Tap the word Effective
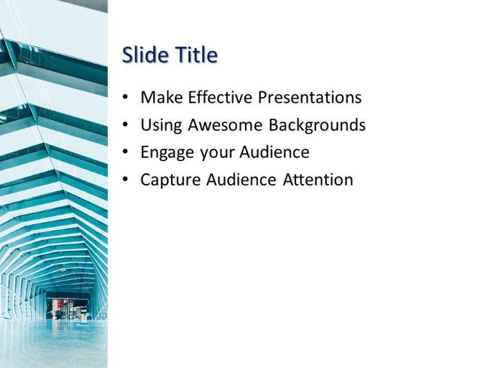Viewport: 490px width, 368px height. [x=219, y=97]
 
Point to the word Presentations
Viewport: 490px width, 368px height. [x=309, y=97]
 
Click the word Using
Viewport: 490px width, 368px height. [x=161, y=125]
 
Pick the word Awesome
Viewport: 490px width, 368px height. [x=225, y=125]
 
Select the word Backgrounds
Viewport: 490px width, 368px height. [x=317, y=125]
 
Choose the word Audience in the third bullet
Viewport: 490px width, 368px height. [x=274, y=152]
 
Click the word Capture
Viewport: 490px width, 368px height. [x=170, y=180]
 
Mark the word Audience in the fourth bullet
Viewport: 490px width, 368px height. [x=241, y=180]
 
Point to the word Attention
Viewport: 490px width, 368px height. [x=318, y=180]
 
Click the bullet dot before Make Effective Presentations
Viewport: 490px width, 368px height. [x=126, y=97]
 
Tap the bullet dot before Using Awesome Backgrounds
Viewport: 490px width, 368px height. [x=126, y=125]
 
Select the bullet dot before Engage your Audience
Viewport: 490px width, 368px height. [x=126, y=152]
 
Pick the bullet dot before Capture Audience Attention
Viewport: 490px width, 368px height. [x=126, y=180]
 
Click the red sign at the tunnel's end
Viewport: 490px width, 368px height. [x=56, y=305]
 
